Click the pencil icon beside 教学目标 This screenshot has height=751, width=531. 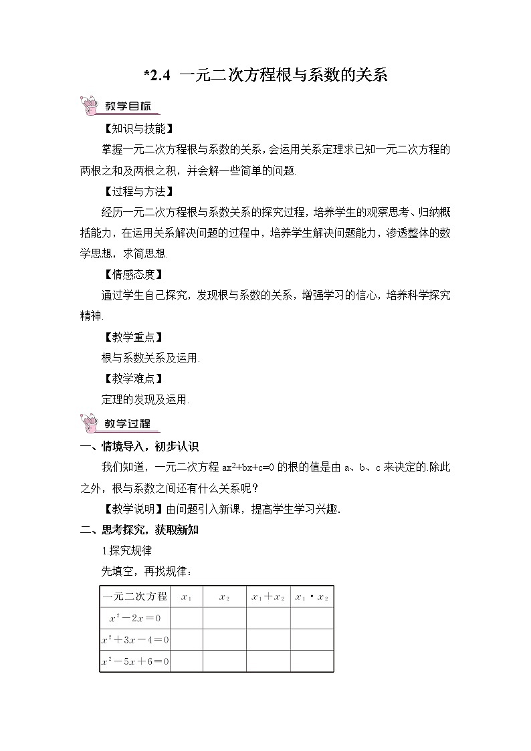point(89,106)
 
